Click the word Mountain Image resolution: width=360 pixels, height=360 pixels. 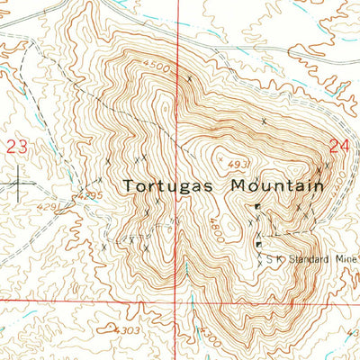point(276,186)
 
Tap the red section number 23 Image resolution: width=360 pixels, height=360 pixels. point(15,146)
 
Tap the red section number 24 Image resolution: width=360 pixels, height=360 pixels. point(339,146)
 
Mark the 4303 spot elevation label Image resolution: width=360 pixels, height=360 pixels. point(127,330)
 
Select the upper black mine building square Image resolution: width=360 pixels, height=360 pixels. point(257,208)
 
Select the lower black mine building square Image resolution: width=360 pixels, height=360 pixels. point(259,244)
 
